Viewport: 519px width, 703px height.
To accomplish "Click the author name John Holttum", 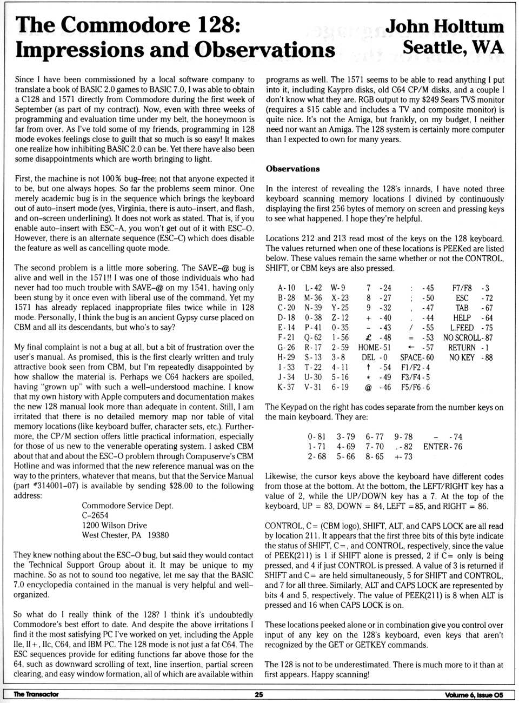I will tap(444, 26).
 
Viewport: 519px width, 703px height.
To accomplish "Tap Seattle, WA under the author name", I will tap(453, 48).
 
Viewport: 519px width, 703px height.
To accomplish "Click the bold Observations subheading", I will tap(292, 169).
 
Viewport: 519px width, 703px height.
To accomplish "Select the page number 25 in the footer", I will tap(259, 694).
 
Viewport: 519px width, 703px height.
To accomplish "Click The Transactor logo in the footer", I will tap(36, 694).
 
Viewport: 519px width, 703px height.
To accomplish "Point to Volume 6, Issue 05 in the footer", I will tap(474, 694).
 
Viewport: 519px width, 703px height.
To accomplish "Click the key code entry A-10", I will tap(287, 288).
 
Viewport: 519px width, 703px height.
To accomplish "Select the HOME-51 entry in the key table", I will tap(374, 348).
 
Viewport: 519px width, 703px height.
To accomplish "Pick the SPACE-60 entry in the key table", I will tap(417, 357).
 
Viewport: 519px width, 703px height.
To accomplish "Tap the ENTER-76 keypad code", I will tap(443, 447).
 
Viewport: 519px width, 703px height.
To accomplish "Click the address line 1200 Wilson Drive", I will tap(114, 525).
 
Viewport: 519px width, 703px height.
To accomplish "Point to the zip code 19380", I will tap(158, 535).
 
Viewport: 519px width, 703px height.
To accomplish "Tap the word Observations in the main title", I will tap(264, 49).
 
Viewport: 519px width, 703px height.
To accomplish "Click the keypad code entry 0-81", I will tap(317, 437).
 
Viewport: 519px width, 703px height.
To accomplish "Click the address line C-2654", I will tap(95, 515).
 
